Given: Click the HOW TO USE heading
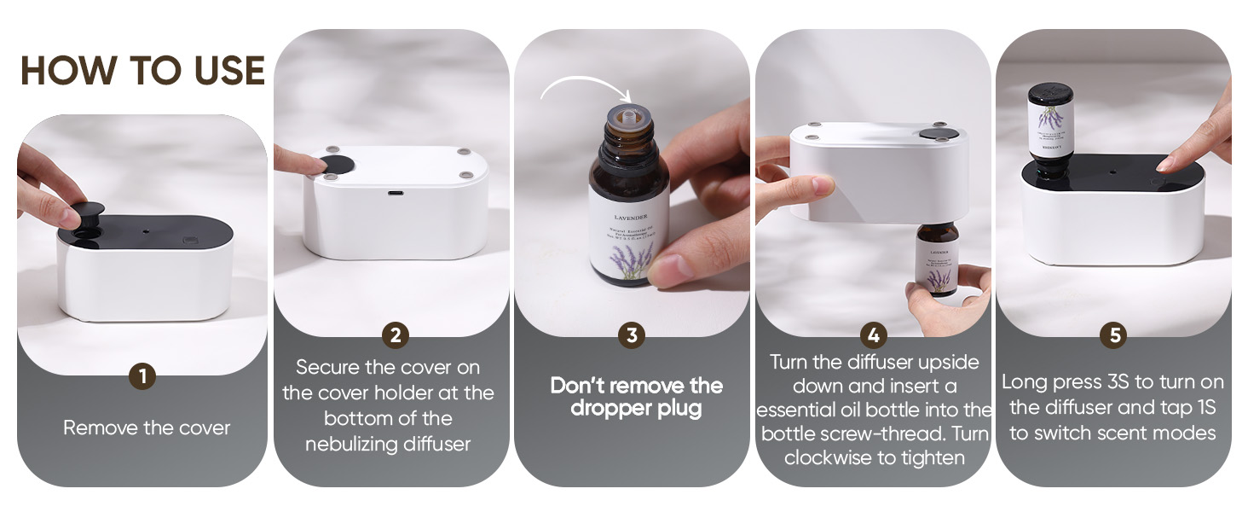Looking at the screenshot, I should (x=142, y=71).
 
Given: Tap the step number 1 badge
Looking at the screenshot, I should (x=142, y=376).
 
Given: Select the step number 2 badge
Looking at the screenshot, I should (x=394, y=335).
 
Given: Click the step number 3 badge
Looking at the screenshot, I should (x=631, y=335).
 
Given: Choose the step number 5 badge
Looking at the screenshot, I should (x=1113, y=335).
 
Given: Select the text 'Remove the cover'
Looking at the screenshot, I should (x=147, y=428).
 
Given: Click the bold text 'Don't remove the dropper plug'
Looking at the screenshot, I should (x=636, y=397).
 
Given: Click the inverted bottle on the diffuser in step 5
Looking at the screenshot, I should (x=1050, y=128).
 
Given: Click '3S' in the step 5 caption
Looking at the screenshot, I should (x=1135, y=382).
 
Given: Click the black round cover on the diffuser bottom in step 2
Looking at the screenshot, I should (x=332, y=165).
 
